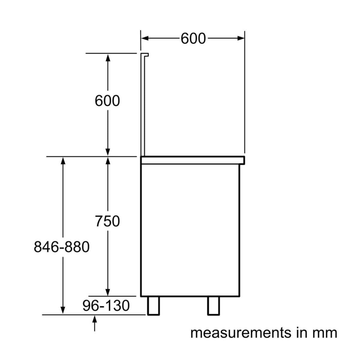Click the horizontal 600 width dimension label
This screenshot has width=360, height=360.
[x=193, y=39]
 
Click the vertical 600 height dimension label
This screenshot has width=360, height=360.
[x=107, y=101]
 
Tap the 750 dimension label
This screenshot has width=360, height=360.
[x=107, y=221]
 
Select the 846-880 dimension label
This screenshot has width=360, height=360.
[x=62, y=247]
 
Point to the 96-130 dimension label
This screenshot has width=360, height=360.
[x=106, y=306]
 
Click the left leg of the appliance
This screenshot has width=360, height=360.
[x=154, y=306]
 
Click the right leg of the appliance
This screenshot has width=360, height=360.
[x=214, y=306]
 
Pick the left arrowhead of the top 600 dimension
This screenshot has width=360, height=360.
[x=145, y=38]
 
